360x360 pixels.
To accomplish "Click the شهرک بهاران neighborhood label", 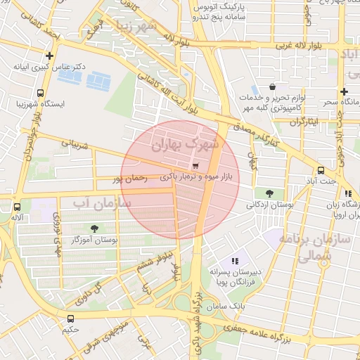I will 186,143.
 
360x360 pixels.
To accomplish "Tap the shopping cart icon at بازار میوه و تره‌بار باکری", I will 195,166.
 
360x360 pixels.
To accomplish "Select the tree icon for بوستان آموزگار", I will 94,229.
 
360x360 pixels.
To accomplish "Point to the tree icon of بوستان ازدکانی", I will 270,193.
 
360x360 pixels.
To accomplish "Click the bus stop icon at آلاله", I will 17,207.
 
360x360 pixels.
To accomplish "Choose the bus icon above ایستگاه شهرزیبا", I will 39,93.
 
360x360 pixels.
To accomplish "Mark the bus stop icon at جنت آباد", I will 321,169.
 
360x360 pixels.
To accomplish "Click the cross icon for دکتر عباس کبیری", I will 49,56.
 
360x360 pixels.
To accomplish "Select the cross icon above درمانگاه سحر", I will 343,91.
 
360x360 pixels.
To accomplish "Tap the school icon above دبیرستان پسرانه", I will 235,261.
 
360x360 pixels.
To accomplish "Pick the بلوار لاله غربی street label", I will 295,46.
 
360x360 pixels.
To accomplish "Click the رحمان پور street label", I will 130,179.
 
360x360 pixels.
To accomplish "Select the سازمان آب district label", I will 102,203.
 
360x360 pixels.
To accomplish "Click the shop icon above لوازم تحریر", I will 271,86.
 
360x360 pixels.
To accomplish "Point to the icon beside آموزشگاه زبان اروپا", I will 347,193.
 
